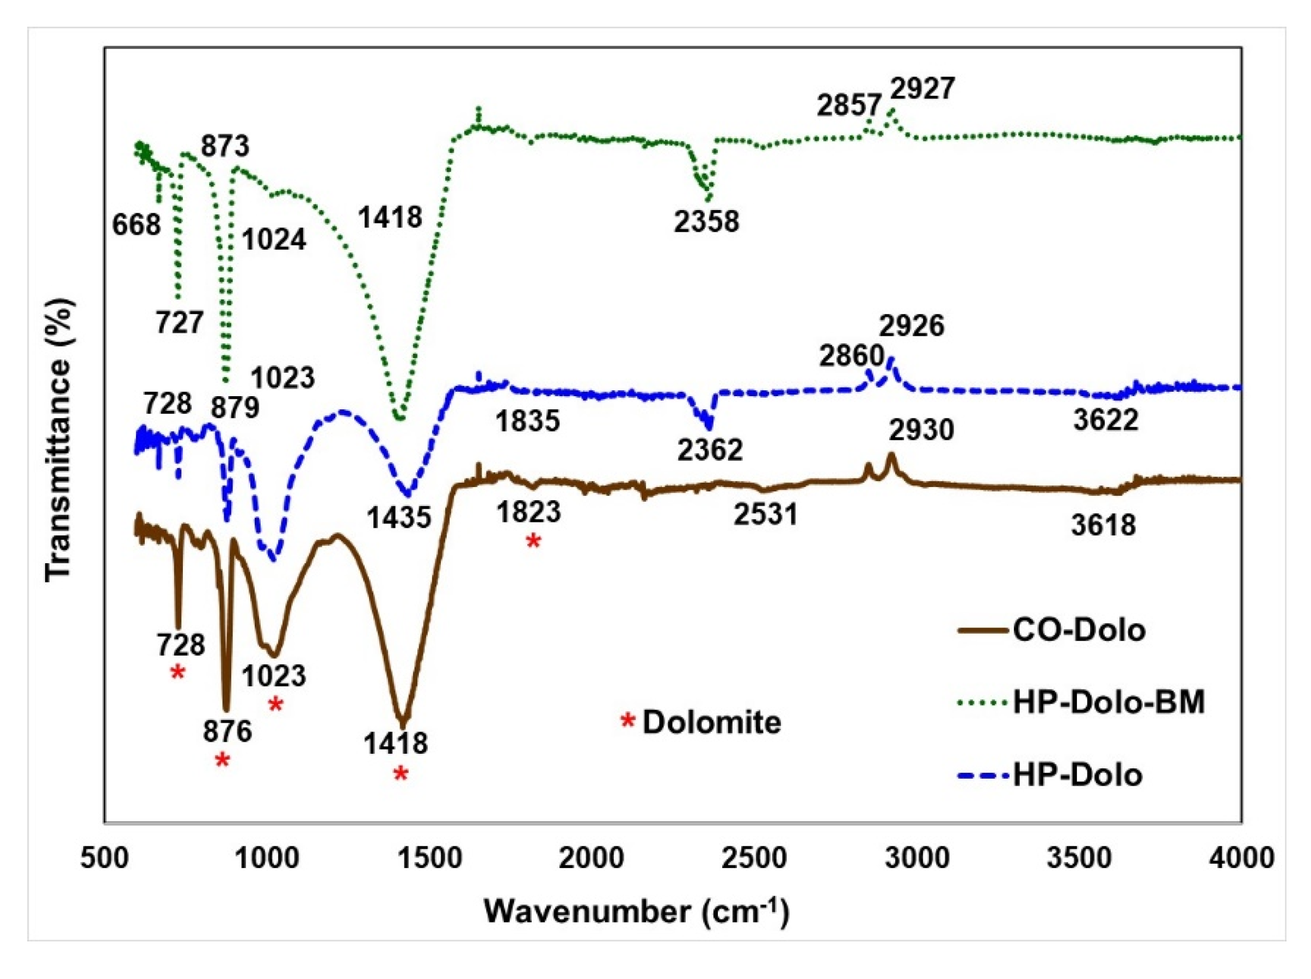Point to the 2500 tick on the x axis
coord(754,858)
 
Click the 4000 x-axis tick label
coord(1240,858)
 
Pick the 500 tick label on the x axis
coord(105,858)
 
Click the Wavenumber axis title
coord(637,911)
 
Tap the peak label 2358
coord(706,221)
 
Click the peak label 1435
coord(398,518)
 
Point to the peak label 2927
coord(922,89)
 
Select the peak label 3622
coord(1106,420)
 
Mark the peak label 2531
coord(766,514)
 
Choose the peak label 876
coord(227,731)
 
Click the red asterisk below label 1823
coord(533,540)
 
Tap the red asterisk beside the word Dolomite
coord(627,721)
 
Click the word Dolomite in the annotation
coord(712,722)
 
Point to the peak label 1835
coord(527,421)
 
